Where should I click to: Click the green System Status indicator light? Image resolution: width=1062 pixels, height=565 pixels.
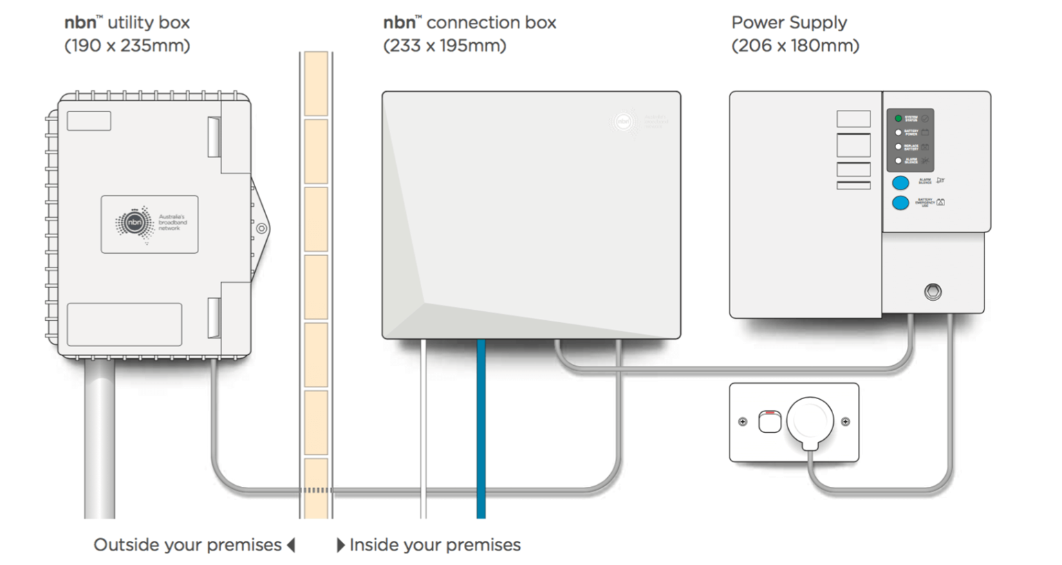pyautogui.click(x=898, y=119)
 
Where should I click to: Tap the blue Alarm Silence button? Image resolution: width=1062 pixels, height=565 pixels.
pyautogui.click(x=900, y=183)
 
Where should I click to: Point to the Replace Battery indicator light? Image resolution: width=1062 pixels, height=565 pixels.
pyautogui.click(x=898, y=147)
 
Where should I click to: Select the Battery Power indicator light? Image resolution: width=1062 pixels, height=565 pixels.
pyautogui.click(x=898, y=133)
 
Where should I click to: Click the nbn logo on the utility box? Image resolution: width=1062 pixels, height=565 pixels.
pyautogui.click(x=134, y=223)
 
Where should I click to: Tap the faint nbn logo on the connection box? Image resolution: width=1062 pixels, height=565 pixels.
pyautogui.click(x=624, y=122)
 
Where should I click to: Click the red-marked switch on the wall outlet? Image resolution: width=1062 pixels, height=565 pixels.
pyautogui.click(x=770, y=421)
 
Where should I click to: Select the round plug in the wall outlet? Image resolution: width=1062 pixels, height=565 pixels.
pyautogui.click(x=810, y=420)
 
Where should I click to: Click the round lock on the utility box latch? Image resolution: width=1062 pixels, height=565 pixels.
pyautogui.click(x=261, y=228)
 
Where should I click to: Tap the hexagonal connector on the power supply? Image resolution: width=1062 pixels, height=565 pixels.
pyautogui.click(x=933, y=292)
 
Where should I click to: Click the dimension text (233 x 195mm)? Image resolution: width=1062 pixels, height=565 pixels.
pyautogui.click(x=445, y=46)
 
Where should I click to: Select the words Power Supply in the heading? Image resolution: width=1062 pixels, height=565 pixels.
pyautogui.click(x=789, y=23)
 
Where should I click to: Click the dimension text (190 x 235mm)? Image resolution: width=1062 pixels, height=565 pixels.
pyautogui.click(x=127, y=46)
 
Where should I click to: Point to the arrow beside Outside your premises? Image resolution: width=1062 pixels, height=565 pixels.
pyautogui.click(x=291, y=545)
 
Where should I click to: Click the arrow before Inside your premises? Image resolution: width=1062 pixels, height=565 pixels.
pyautogui.click(x=340, y=545)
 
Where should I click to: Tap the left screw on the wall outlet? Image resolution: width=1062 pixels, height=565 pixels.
pyautogui.click(x=743, y=421)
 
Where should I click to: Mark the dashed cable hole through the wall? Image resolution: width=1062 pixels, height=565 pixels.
pyautogui.click(x=316, y=490)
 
